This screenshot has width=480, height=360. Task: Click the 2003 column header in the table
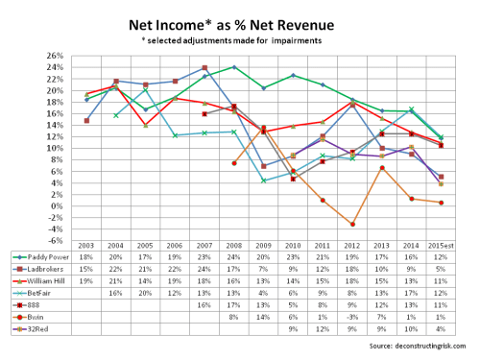coord(87,247)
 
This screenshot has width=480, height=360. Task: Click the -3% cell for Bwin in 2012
coord(352,319)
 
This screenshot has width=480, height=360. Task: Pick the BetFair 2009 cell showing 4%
coord(263,295)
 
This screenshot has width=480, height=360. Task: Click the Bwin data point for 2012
coord(352,224)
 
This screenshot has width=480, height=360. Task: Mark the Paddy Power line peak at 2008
coord(234,67)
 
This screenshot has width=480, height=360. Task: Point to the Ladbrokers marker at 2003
coord(87,120)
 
